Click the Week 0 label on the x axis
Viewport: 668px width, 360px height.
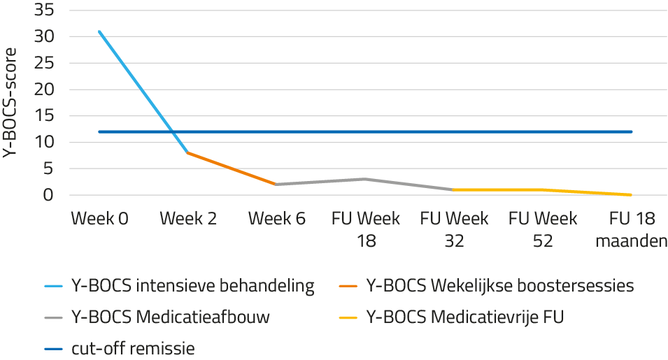pyautogui.click(x=99, y=219)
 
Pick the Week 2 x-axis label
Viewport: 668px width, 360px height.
pyautogui.click(x=187, y=219)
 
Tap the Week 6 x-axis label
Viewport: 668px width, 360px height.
pyautogui.click(x=277, y=219)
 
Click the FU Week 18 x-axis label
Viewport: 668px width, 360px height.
pyautogui.click(x=366, y=229)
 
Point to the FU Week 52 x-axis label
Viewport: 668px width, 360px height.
pyautogui.click(x=543, y=229)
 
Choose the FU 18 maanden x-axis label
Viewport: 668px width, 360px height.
pyautogui.click(x=632, y=229)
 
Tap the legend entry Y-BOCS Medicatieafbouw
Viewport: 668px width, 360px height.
pyautogui.click(x=171, y=317)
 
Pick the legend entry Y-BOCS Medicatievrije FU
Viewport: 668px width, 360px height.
pyautogui.click(x=464, y=317)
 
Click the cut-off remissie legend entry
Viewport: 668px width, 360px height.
pyautogui.click(x=133, y=348)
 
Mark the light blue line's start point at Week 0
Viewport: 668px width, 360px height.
pyautogui.click(x=99, y=31)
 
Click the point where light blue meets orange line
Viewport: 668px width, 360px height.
pyautogui.click(x=187, y=152)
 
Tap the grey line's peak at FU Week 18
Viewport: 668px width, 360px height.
pyautogui.click(x=366, y=179)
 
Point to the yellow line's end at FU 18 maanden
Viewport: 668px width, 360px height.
pyautogui.click(x=632, y=195)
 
